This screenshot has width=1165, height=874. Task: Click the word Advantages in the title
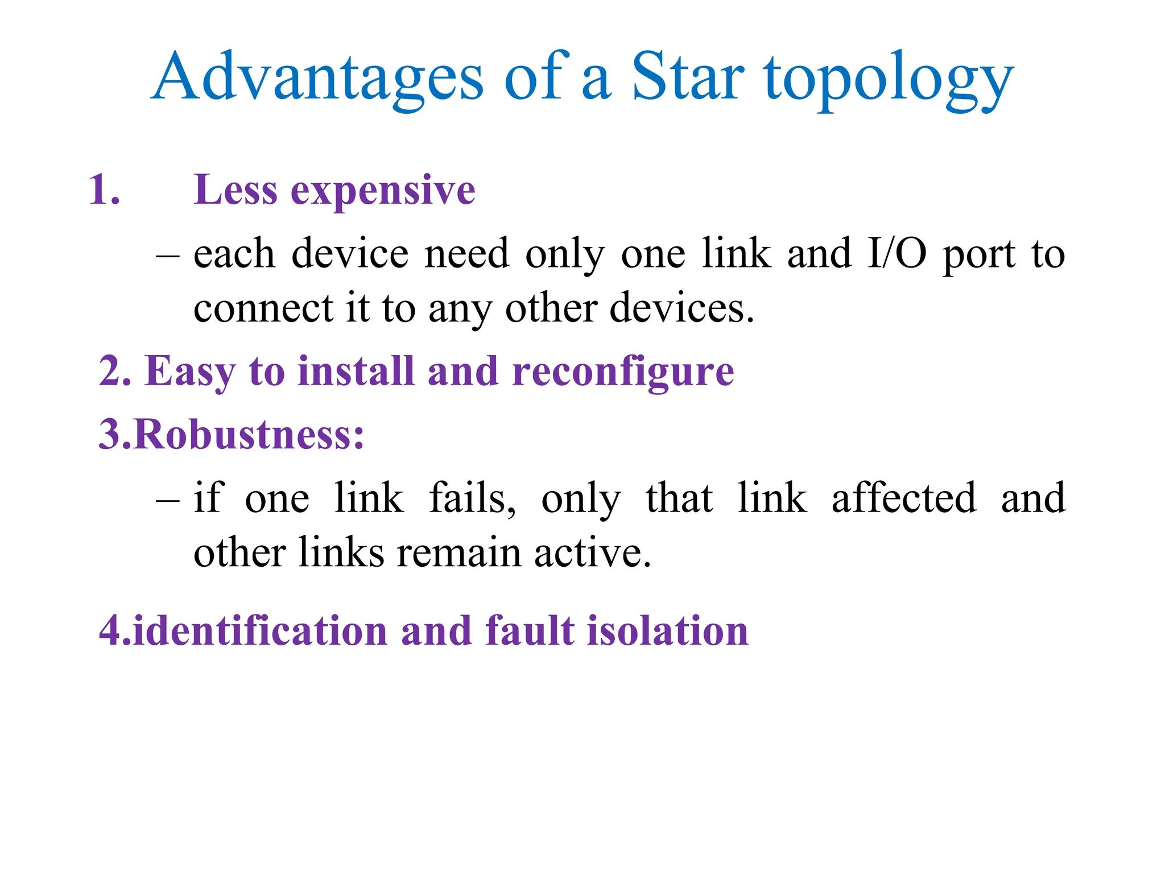pyautogui.click(x=319, y=77)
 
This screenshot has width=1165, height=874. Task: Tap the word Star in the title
pyautogui.click(x=688, y=77)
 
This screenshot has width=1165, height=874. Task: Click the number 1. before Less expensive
pyautogui.click(x=105, y=189)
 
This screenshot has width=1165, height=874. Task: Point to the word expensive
pyautogui.click(x=383, y=191)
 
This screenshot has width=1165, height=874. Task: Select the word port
pyautogui.click(x=979, y=256)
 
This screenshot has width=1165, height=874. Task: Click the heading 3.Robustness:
pyautogui.click(x=232, y=435)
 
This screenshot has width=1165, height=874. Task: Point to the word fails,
pyautogui.click(x=472, y=498)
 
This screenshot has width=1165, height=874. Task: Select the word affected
pyautogui.click(x=904, y=498)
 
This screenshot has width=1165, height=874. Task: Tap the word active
pyautogui.click(x=592, y=553)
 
